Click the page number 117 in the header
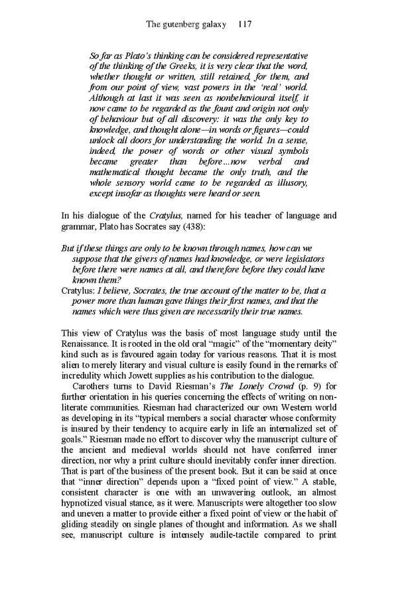243,25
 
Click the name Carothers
97,387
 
